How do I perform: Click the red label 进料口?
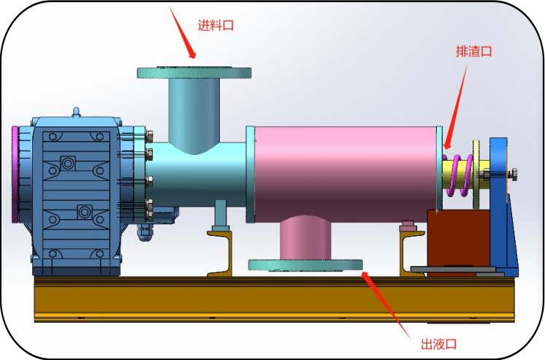point(216,26)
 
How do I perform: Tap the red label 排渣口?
point(473,51)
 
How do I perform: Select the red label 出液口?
point(438,344)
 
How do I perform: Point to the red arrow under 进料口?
point(183,33)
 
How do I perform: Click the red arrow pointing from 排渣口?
point(455,108)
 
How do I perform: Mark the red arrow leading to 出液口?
point(386,305)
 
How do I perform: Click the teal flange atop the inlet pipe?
point(194,72)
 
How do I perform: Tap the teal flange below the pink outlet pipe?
point(306,265)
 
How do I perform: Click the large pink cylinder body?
point(346,174)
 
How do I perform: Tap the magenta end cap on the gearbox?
point(15,174)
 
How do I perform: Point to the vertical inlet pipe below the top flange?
point(194,115)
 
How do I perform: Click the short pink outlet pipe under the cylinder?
point(305,238)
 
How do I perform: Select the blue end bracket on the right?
point(501,205)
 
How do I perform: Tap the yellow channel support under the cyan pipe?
point(219,253)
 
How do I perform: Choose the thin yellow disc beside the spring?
point(476,175)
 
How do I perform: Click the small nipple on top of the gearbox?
point(76,112)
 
